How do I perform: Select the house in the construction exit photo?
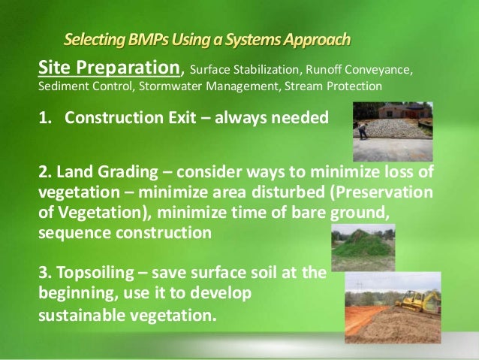405,111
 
